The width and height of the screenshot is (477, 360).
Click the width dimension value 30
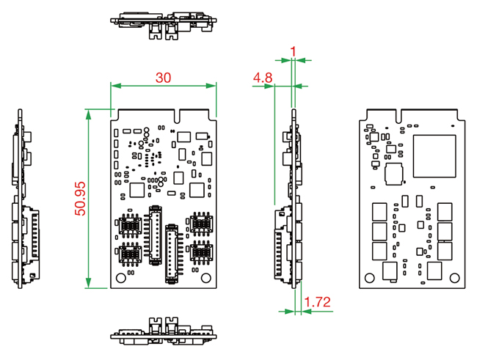(x=164, y=77)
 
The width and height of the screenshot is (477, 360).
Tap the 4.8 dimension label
(x=263, y=77)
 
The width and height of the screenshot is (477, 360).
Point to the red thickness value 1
(x=294, y=51)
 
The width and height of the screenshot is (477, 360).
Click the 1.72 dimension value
(x=317, y=301)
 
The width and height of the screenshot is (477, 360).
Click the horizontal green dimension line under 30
(x=164, y=86)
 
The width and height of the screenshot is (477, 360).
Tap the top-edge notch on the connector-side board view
(x=179, y=116)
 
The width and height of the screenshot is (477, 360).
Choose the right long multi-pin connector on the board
(x=172, y=251)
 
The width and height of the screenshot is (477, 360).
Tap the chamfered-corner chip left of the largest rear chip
(x=395, y=174)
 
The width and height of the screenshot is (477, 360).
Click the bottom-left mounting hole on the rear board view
(x=369, y=276)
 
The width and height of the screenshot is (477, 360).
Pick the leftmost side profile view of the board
(x=23, y=199)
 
